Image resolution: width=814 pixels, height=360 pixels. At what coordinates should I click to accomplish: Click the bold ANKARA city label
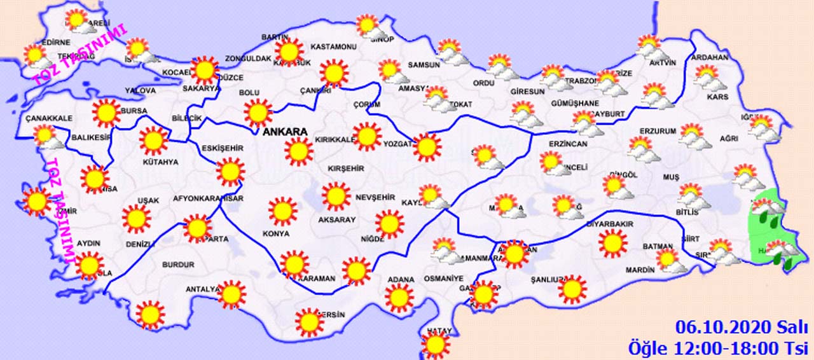click(286, 132)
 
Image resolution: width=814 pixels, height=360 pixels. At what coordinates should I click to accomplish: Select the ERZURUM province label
click(658, 131)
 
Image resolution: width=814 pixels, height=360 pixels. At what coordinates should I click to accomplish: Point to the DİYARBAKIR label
click(609, 224)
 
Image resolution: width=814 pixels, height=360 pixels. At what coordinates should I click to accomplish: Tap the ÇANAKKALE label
click(49, 118)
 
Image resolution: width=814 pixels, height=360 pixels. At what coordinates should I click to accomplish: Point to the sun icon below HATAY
click(436, 345)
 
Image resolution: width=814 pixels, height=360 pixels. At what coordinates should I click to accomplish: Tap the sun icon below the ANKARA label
click(298, 151)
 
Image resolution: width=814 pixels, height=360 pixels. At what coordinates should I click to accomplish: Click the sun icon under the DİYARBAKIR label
click(612, 244)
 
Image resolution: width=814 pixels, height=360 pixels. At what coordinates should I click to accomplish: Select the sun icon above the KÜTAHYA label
click(153, 141)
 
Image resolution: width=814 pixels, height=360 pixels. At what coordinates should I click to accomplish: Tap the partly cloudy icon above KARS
click(708, 78)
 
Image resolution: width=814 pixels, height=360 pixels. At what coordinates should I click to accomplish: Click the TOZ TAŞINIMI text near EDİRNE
click(81, 57)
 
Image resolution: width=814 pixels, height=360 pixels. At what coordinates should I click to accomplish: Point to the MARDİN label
click(639, 270)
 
